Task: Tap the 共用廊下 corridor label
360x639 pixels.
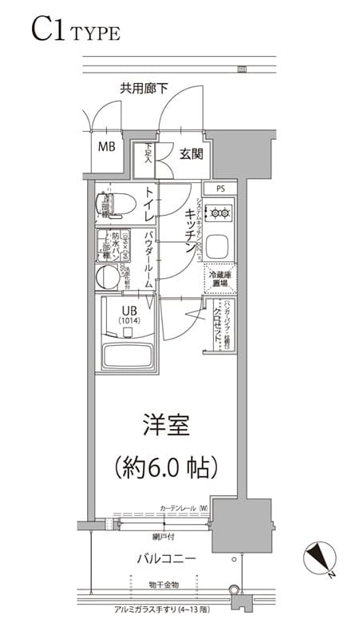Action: click(x=144, y=89)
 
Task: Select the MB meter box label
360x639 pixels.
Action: click(x=106, y=146)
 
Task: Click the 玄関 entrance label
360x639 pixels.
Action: click(x=190, y=153)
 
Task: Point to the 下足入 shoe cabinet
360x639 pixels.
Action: click(x=148, y=153)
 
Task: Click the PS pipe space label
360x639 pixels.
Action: click(x=220, y=189)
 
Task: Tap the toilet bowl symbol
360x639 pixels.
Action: click(x=115, y=205)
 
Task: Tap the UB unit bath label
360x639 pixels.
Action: click(x=130, y=314)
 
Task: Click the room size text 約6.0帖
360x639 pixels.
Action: click(x=166, y=466)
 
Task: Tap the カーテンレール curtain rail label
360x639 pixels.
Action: click(x=184, y=508)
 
